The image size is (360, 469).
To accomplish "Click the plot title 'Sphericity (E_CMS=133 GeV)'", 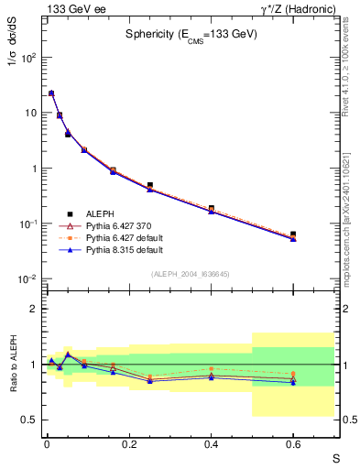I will point(191,34).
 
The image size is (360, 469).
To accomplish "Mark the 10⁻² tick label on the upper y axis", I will point(26,279).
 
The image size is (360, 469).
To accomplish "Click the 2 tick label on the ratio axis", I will point(32,309).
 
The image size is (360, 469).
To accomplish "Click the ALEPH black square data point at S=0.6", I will point(293,234).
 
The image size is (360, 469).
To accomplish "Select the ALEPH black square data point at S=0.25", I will point(149,185).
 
